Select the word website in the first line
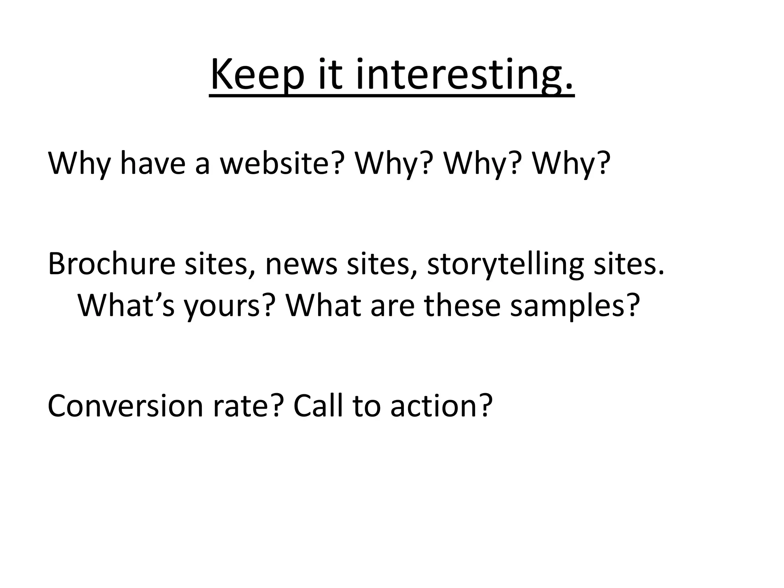[x=280, y=163]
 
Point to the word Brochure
[x=111, y=264]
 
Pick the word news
[x=301, y=264]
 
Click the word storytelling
[x=505, y=264]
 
